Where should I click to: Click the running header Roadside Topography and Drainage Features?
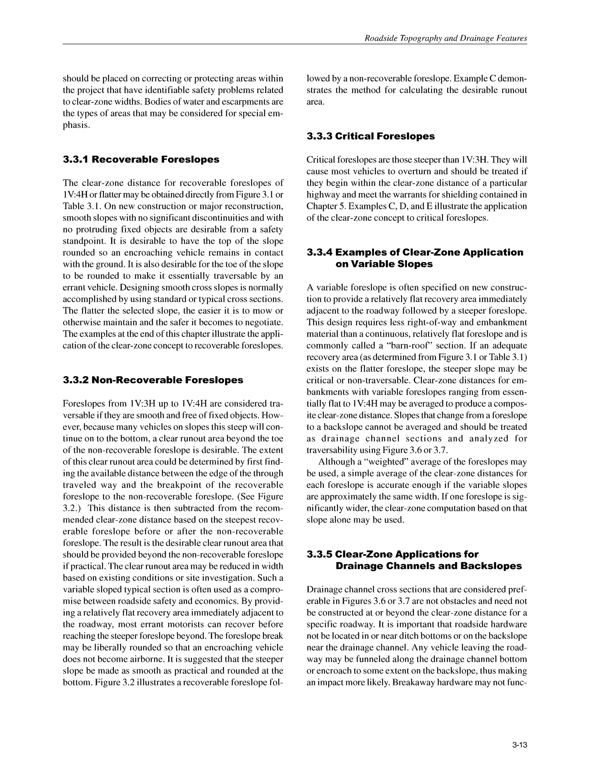[446, 38]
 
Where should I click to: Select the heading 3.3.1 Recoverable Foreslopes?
[141, 160]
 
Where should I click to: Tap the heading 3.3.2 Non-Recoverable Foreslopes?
[153, 380]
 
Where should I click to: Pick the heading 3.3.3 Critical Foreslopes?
[370, 136]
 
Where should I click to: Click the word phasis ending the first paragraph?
[76, 125]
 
